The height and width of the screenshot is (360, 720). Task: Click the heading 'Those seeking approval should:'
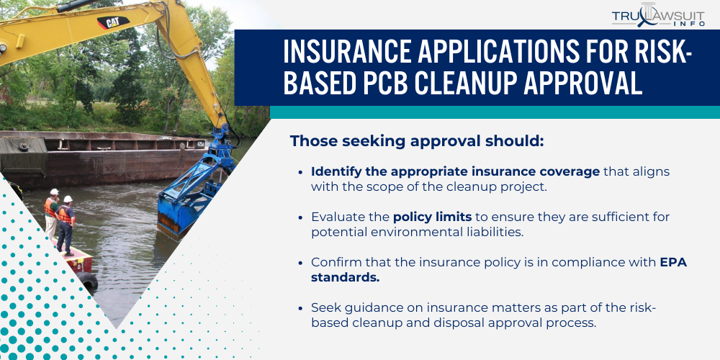tap(416, 141)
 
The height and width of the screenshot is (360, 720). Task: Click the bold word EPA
tap(673, 262)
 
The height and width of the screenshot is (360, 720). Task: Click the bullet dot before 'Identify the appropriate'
tap(300, 173)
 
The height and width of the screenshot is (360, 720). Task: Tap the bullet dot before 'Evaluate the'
tap(300, 217)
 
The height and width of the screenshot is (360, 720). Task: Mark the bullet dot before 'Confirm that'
tap(300, 263)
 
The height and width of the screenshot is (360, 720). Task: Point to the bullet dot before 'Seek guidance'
tap(300, 308)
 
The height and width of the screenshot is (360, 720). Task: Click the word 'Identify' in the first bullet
tap(333, 172)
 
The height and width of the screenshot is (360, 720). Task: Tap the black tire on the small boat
tap(89, 282)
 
